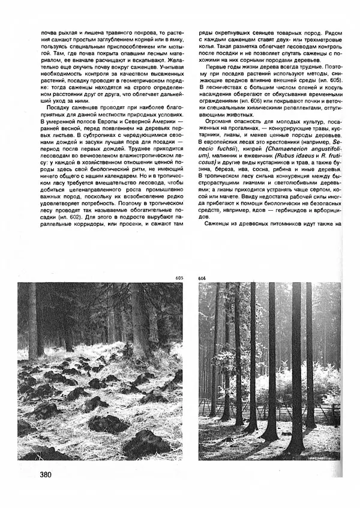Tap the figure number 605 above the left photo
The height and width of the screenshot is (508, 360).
coord(179,278)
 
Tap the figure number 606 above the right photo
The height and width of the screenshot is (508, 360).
coord(202,278)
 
